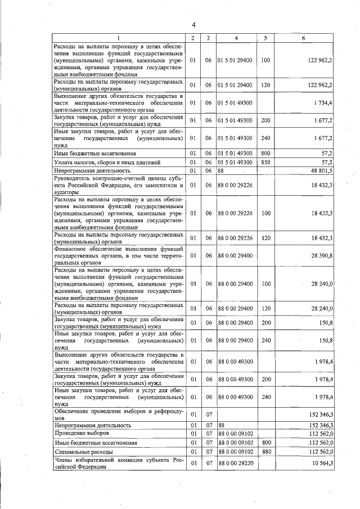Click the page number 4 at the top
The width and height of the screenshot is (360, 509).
coord(193,25)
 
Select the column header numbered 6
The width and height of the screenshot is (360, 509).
coord(303,38)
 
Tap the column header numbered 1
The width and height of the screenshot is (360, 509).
coord(119,38)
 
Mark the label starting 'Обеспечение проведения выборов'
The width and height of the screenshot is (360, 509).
coord(119,415)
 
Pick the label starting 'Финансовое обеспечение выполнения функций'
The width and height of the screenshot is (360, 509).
coord(119,256)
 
